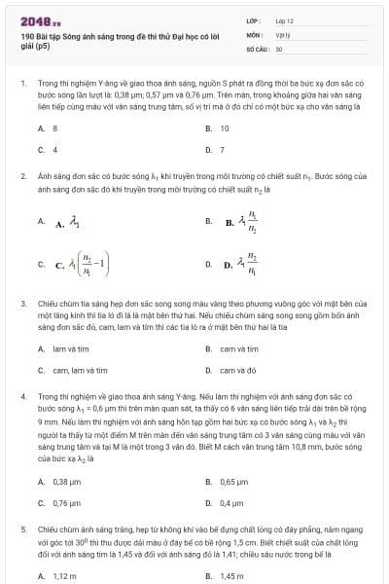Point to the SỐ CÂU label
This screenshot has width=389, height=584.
tap(257, 48)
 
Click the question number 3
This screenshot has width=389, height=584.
tap(22, 304)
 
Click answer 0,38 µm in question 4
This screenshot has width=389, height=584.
tap(66, 482)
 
